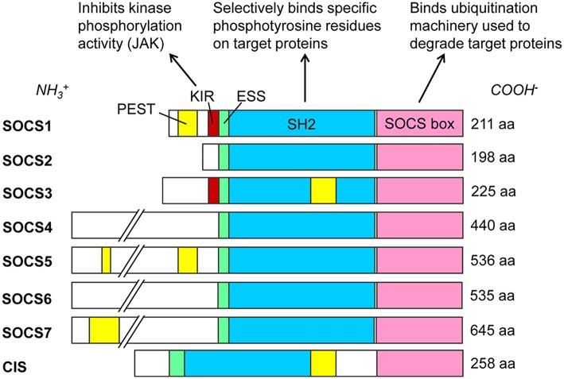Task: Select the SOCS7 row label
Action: click(x=25, y=329)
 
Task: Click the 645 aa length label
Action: click(x=492, y=329)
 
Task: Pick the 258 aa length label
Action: click(x=492, y=364)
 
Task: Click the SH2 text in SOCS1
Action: click(x=303, y=125)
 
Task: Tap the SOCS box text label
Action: click(x=419, y=125)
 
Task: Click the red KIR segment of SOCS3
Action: click(x=212, y=191)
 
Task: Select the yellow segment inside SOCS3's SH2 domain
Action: click(x=323, y=191)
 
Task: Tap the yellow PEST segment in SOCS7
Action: click(x=103, y=329)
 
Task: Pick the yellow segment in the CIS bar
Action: click(x=323, y=363)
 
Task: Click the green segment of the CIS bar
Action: click(x=176, y=363)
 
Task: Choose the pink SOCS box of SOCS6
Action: click(x=419, y=295)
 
